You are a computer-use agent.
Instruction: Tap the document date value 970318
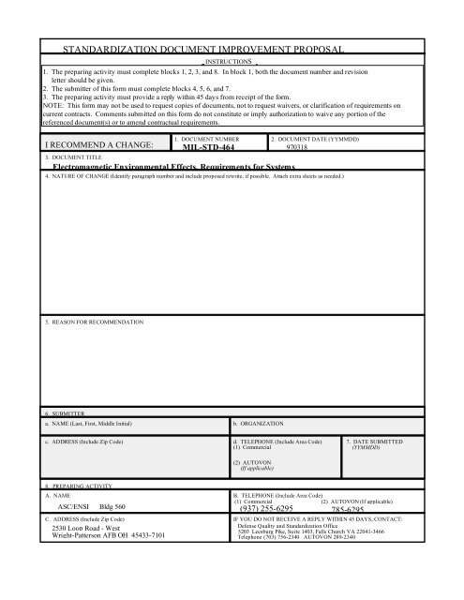click(300, 146)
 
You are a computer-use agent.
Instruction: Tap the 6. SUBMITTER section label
click(66, 412)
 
